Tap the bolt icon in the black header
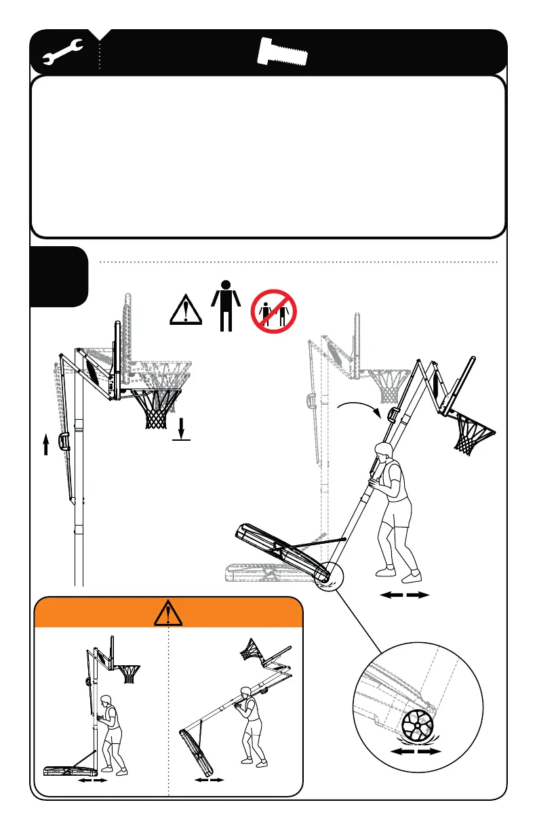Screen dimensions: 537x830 pos(284,52)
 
